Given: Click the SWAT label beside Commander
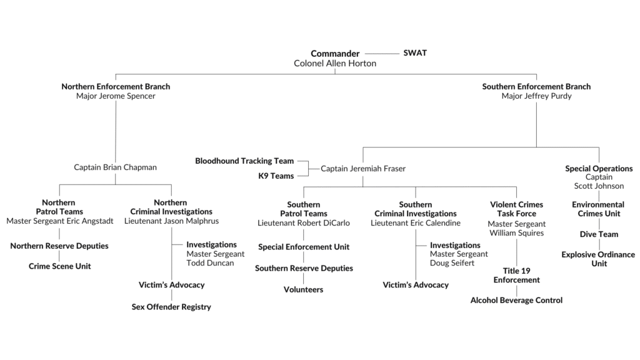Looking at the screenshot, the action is pos(415,53).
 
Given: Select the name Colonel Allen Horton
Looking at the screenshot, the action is pos(335,63).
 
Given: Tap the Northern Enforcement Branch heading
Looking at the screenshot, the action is pos(116,86).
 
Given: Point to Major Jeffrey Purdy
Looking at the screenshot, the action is pos(536,96).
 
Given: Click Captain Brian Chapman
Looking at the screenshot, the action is pos(115,167).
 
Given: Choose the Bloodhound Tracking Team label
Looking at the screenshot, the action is pos(244,161).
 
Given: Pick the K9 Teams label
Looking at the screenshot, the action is pos(276,176).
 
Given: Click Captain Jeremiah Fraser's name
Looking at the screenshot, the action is pos(363,169).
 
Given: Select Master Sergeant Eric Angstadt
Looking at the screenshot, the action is pos(60,221).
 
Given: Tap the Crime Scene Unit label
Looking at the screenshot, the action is pos(59,266).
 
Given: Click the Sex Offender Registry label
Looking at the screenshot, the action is pos(171,307).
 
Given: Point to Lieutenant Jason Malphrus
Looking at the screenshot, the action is pos(171,221).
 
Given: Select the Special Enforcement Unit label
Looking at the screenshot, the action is pos(304,247).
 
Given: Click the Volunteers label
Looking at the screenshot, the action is pos(303,289).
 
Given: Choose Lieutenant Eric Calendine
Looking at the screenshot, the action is pos(416,223).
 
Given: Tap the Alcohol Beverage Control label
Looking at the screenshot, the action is pos(516,301).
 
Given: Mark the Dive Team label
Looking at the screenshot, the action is pos(599,234).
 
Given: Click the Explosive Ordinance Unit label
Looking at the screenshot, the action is pos(598,259).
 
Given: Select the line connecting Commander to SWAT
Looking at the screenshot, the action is pos(382,54).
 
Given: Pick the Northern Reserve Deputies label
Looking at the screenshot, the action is pos(59,246).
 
